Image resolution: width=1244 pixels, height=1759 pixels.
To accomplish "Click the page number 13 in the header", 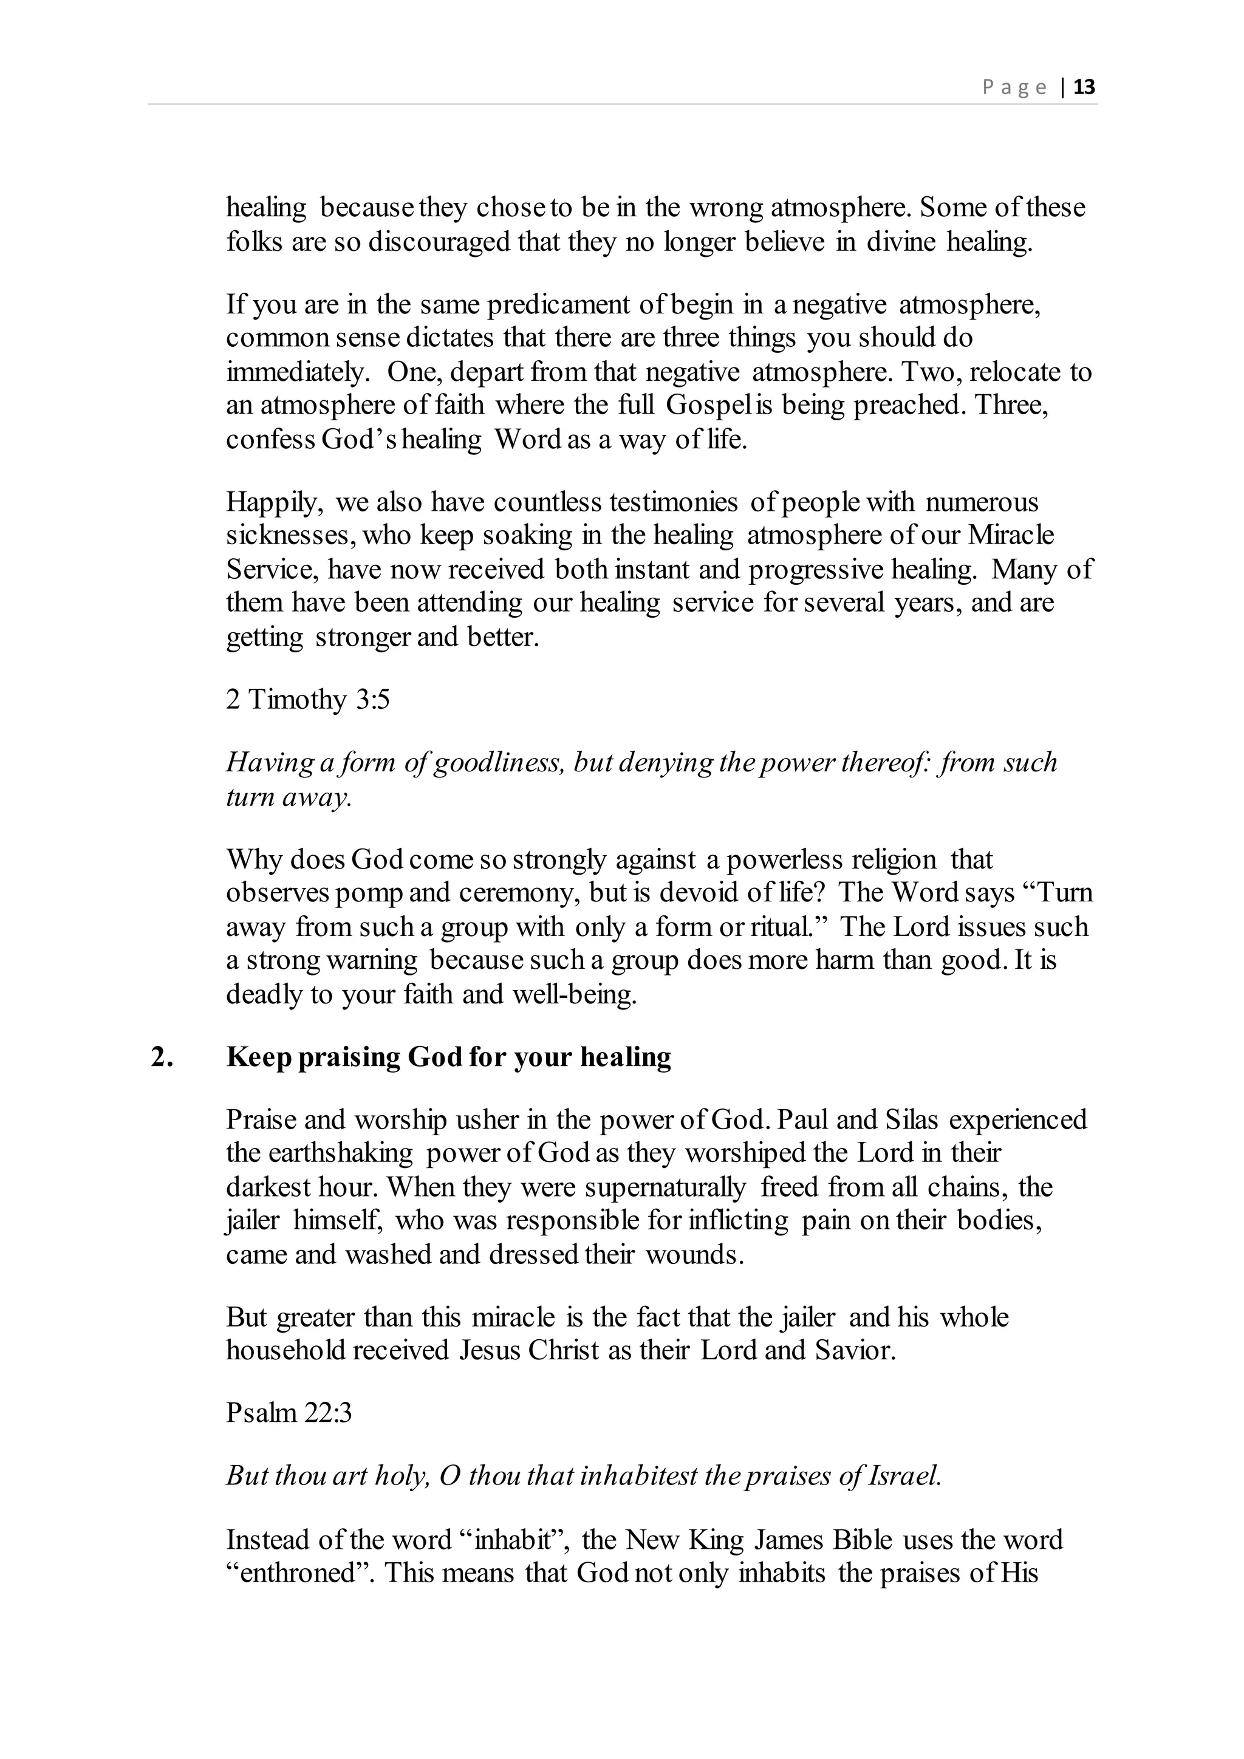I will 1085,87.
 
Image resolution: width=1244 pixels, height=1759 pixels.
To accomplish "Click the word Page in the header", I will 1014,87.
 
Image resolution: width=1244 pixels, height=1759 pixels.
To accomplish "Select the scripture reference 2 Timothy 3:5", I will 308,700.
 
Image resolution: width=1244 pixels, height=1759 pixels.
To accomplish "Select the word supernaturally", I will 665,1187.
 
